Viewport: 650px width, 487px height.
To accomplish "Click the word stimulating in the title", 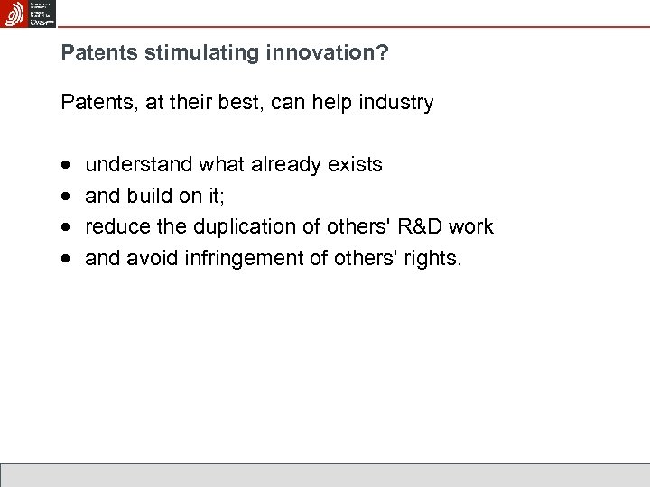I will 192,54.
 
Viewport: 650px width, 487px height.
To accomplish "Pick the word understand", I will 139,165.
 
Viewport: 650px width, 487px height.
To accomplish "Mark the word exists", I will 356,165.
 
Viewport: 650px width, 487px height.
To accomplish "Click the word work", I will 473,227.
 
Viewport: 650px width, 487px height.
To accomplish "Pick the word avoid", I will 151,259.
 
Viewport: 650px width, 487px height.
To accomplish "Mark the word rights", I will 433,259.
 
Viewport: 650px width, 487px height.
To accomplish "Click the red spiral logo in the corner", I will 15,14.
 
